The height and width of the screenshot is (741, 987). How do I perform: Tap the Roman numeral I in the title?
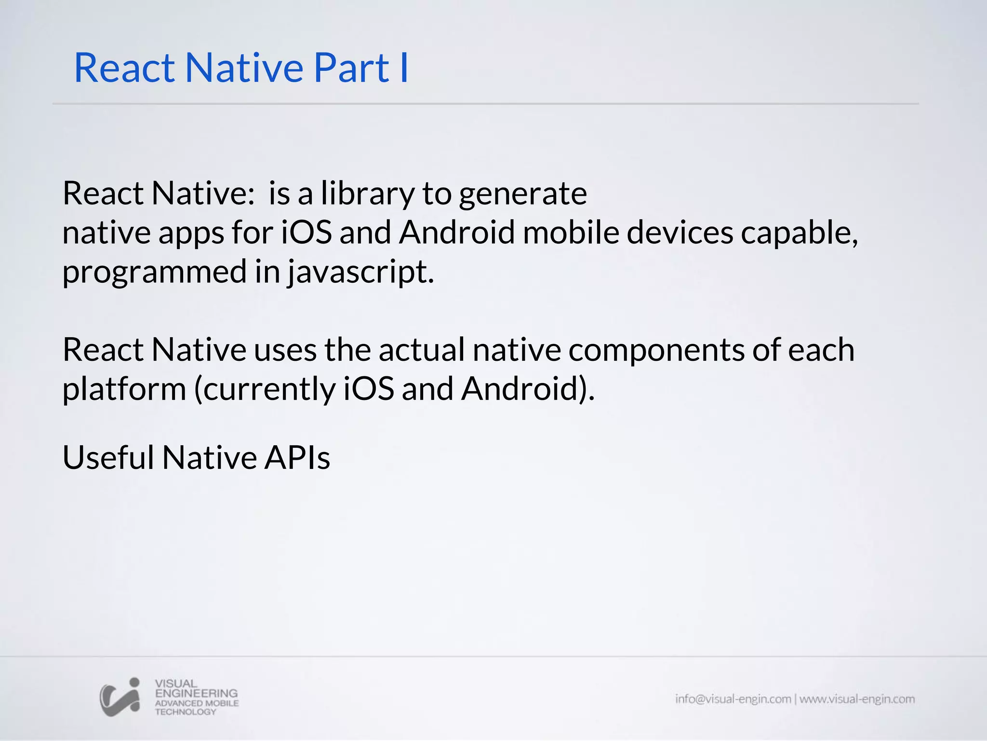pos(404,68)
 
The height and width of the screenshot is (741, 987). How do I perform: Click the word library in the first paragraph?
pos(367,194)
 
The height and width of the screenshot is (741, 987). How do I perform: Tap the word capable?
pos(799,233)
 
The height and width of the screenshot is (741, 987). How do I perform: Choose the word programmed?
pos(154,273)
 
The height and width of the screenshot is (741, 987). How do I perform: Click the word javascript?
pos(360,273)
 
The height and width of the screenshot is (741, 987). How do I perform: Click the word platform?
pos(124,390)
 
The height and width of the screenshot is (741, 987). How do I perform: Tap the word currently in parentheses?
pos(265,390)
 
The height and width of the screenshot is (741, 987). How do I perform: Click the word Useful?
pos(108,457)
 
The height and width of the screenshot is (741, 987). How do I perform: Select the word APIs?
pos(297,457)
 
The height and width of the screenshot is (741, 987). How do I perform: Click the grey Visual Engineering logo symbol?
pos(120,697)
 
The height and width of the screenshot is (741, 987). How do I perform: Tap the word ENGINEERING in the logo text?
pos(196,693)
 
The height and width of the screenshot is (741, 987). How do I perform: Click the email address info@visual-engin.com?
pos(733,699)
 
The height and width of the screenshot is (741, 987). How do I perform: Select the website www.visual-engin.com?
pos(857,699)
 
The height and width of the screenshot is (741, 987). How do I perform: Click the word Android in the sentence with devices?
pos(457,233)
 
